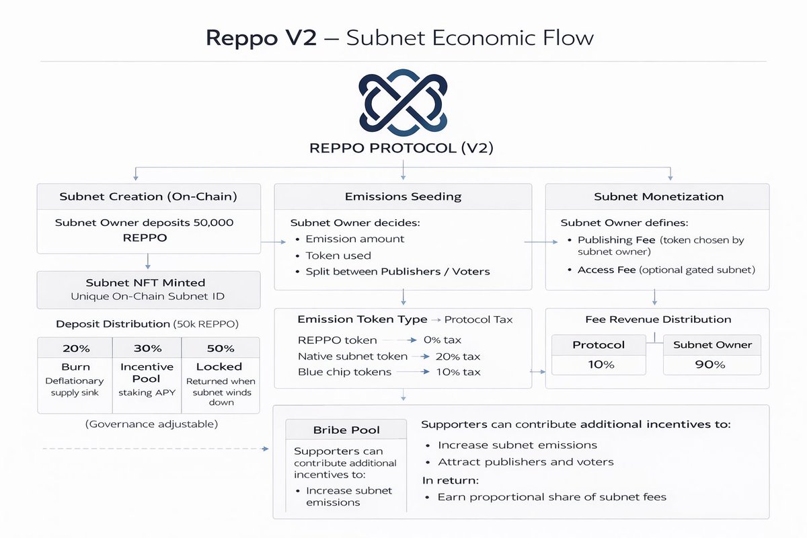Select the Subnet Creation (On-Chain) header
click(x=148, y=197)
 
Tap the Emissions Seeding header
click(x=403, y=197)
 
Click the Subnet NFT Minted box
click(x=148, y=289)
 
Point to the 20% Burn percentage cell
click(x=75, y=348)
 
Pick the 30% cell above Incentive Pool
click(x=147, y=348)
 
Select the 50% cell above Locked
click(x=220, y=348)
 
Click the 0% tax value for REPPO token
click(x=442, y=340)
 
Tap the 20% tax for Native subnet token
click(x=457, y=356)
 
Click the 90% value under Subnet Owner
click(x=712, y=364)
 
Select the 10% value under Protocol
click(x=599, y=364)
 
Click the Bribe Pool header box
click(x=346, y=430)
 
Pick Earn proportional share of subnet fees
click(x=551, y=497)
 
